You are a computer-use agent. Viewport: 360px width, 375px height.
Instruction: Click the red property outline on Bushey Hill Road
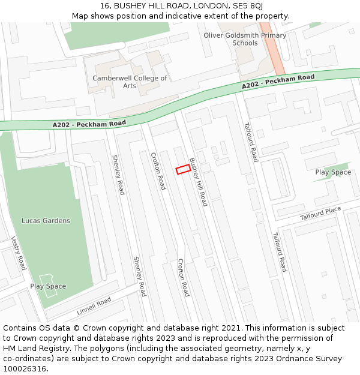tap(182, 169)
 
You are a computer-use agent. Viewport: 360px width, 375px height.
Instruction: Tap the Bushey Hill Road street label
tap(198, 182)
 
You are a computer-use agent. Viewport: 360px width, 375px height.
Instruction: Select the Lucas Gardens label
tap(46, 221)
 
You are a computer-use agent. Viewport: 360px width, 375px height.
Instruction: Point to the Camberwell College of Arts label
tap(130, 82)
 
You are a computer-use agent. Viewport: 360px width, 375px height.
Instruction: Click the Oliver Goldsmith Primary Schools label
tap(245, 39)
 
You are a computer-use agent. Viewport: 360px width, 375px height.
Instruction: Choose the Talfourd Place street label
tap(320, 212)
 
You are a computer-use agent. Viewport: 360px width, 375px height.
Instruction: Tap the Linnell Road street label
tap(94, 306)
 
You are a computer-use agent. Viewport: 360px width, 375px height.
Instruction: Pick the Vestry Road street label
tap(19, 253)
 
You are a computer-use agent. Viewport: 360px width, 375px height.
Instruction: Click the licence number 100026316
tap(25, 369)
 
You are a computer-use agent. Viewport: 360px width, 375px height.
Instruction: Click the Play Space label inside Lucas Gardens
tap(48, 286)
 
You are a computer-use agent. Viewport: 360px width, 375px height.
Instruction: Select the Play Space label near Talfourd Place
tap(333, 173)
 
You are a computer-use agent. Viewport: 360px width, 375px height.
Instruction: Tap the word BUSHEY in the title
tap(128, 6)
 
